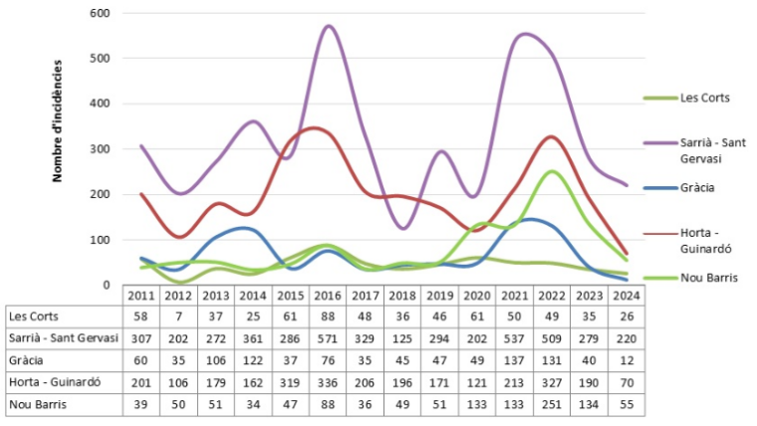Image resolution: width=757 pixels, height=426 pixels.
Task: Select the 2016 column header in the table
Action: coord(329,296)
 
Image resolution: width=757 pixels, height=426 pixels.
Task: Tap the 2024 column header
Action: coord(627,296)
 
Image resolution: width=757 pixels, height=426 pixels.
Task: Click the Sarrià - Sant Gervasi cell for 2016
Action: coord(329,338)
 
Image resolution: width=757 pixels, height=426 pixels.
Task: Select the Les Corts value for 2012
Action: coord(179,317)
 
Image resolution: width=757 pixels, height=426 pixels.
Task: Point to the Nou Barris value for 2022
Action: coord(552,404)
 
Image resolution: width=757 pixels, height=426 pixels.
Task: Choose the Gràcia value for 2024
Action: coord(627,360)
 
